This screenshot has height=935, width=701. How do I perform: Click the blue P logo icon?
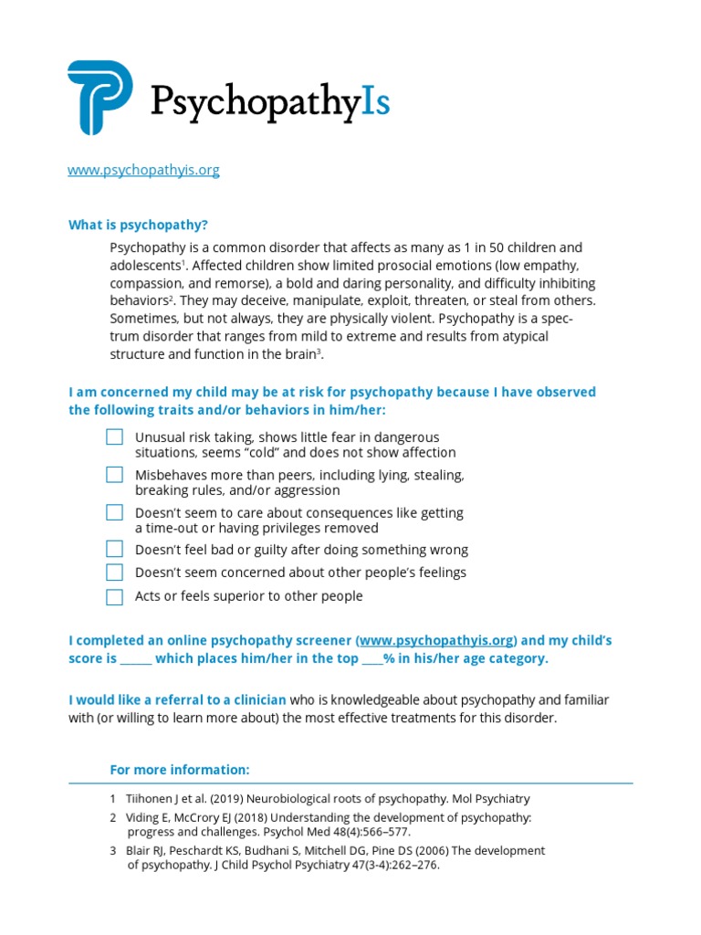pyautogui.click(x=99, y=98)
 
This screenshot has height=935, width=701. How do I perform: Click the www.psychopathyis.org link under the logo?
pyautogui.click(x=143, y=170)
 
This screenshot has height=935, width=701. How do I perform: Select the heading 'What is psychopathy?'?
pyautogui.click(x=138, y=225)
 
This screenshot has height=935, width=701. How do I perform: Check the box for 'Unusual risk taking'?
pyautogui.click(x=114, y=437)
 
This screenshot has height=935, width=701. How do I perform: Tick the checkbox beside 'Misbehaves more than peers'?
pyautogui.click(x=114, y=475)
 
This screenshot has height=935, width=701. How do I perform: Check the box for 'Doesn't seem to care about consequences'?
pyautogui.click(x=114, y=512)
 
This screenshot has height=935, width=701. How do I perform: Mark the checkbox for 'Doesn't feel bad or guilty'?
pyautogui.click(x=114, y=549)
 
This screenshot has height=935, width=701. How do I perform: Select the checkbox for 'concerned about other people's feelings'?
pyautogui.click(x=114, y=573)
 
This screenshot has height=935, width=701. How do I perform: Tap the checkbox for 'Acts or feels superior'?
pyautogui.click(x=114, y=597)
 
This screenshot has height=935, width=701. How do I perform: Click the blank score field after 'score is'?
pyautogui.click(x=136, y=659)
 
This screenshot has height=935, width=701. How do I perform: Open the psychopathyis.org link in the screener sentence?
pyautogui.click(x=436, y=641)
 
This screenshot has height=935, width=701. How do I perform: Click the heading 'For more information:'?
pyautogui.click(x=179, y=769)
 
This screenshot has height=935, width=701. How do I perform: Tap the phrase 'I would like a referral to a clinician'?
pyautogui.click(x=178, y=700)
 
